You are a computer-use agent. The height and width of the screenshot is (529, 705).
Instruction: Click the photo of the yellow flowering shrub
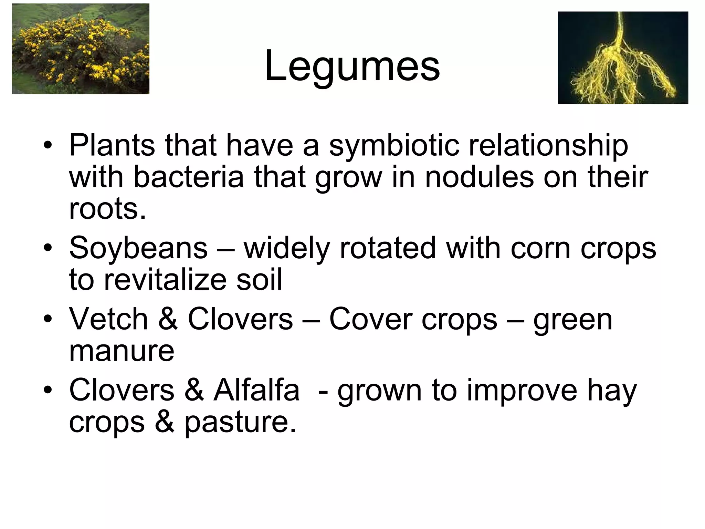point(81,49)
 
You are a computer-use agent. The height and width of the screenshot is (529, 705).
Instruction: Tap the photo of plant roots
point(623,58)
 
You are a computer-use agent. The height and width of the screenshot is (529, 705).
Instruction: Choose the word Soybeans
point(138,248)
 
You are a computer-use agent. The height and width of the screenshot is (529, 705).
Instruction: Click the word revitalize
point(165,279)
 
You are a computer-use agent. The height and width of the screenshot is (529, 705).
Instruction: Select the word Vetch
point(108,319)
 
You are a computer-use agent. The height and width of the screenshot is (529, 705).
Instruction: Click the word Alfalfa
point(256,390)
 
